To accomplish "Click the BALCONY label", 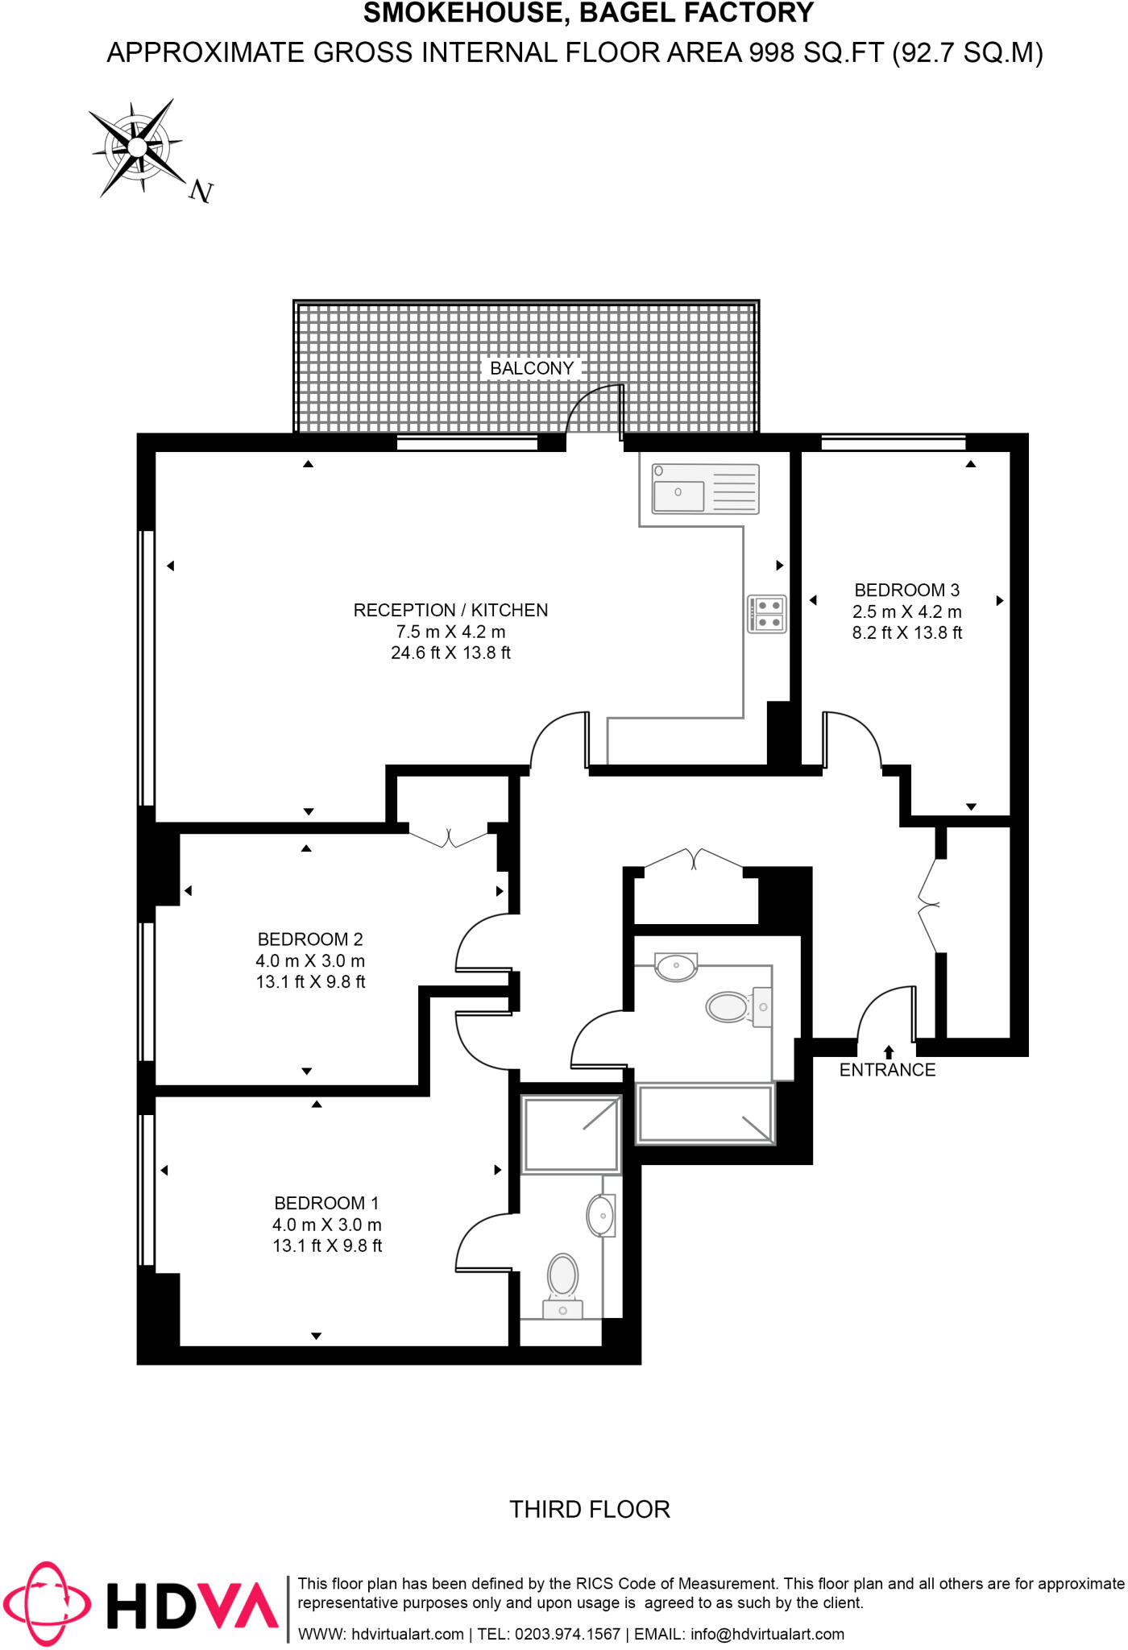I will pyautogui.click(x=532, y=368).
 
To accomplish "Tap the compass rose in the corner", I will pyautogui.click(x=138, y=148).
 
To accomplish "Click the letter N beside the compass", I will pyautogui.click(x=201, y=192).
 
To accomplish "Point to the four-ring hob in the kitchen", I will pyautogui.click(x=767, y=614).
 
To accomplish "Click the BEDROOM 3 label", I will pyautogui.click(x=906, y=590).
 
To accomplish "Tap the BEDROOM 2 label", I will pyautogui.click(x=310, y=939).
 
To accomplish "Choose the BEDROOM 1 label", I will pyautogui.click(x=326, y=1203).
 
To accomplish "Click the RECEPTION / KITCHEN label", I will pyautogui.click(x=450, y=610).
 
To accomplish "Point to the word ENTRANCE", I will pyautogui.click(x=887, y=1070).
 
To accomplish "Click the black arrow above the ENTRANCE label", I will pyautogui.click(x=889, y=1051).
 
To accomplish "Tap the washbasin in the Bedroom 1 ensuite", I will pyautogui.click(x=601, y=1215).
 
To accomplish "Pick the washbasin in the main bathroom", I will pyautogui.click(x=676, y=966).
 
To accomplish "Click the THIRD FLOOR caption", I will pyautogui.click(x=590, y=1509).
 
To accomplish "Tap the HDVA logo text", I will pyautogui.click(x=193, y=1606).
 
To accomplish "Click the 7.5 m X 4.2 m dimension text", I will pyautogui.click(x=450, y=632).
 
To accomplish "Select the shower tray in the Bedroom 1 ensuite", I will pyautogui.click(x=570, y=1134).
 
